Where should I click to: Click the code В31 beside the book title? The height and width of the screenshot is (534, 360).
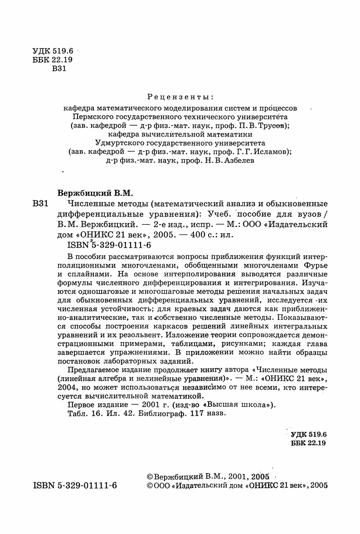pos(40,203)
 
